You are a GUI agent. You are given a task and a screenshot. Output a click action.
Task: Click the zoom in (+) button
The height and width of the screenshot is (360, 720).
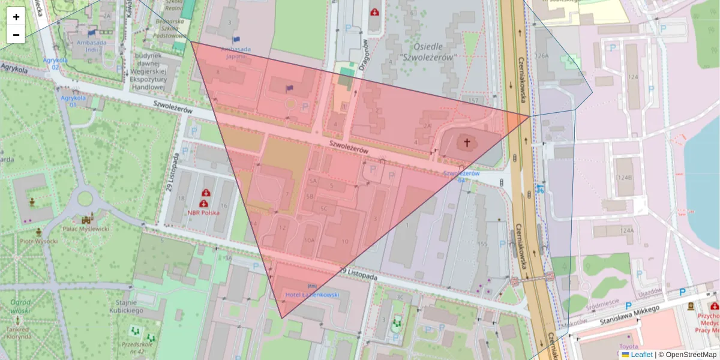(16, 17)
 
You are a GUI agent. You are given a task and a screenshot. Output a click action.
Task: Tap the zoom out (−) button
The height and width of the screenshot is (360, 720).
(16, 35)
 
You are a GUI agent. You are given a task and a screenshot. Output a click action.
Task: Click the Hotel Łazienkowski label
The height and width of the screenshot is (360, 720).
(312, 295)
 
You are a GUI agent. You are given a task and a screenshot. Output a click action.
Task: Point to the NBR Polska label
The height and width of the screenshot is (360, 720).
(203, 212)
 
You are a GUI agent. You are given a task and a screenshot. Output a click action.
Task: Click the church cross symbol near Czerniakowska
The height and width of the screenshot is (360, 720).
(466, 143)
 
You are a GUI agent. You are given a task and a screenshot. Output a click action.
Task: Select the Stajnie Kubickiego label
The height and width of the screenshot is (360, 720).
(126, 307)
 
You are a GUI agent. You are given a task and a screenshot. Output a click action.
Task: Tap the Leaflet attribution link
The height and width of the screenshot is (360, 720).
(641, 355)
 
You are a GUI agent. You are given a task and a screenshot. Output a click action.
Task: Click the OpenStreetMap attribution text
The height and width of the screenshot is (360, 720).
(691, 355)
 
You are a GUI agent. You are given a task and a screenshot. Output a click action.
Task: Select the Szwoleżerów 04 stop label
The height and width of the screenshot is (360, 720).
(461, 176)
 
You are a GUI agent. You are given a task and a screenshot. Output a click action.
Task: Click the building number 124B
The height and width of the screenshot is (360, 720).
(625, 178)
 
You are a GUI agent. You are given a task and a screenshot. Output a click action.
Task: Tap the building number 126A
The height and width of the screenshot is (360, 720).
(542, 56)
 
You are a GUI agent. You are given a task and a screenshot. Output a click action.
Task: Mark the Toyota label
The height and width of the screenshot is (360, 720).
(628, 346)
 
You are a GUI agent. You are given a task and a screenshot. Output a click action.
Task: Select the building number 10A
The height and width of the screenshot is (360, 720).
(308, 240)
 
